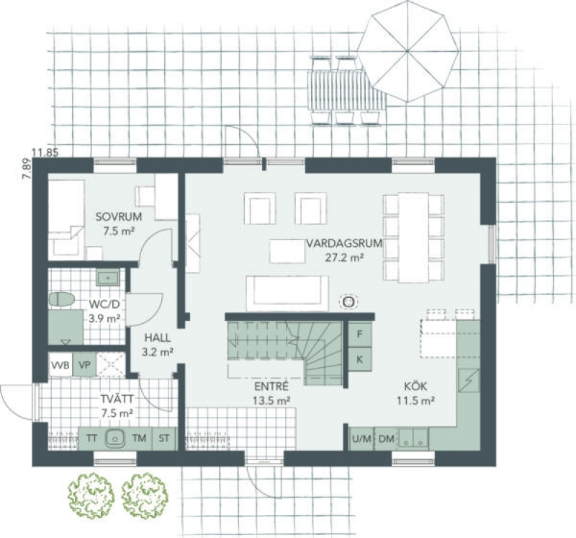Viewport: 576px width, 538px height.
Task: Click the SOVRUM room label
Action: click(x=118, y=217)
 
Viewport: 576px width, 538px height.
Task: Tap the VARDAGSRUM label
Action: click(x=345, y=243)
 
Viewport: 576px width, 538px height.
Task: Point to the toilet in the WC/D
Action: click(x=61, y=299)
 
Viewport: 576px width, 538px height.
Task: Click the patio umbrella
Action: click(x=408, y=50)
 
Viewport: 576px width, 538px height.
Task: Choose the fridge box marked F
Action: click(x=359, y=334)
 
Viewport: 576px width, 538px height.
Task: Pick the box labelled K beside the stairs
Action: click(x=359, y=359)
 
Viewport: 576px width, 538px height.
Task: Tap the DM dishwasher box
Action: click(x=386, y=438)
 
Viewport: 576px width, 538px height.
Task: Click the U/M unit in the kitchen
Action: click(x=362, y=438)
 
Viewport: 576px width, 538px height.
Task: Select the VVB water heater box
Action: click(x=60, y=365)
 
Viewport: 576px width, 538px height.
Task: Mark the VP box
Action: click(x=84, y=365)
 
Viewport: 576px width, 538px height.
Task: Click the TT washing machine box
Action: click(x=92, y=438)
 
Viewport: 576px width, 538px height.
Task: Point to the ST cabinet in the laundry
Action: click(x=164, y=438)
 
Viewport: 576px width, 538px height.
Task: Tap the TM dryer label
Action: click(x=140, y=438)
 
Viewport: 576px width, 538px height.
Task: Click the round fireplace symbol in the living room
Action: click(x=348, y=301)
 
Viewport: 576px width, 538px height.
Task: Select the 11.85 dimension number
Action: click(x=45, y=152)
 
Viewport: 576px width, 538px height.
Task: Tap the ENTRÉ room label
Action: click(x=271, y=387)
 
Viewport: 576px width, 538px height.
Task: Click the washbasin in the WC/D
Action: click(x=107, y=277)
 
